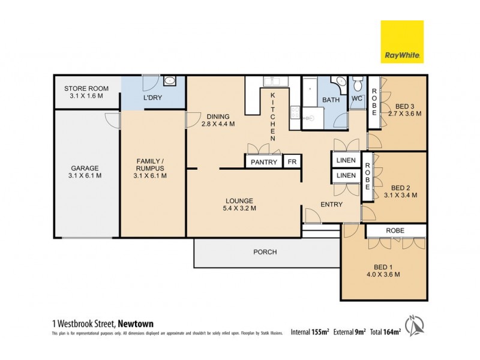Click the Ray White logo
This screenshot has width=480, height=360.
point(402,42)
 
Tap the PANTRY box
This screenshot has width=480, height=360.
point(263,162)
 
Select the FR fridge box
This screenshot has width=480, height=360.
point(292,162)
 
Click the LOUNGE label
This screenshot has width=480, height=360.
point(239,200)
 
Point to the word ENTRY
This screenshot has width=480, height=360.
point(331,205)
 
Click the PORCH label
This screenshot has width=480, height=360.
point(265,252)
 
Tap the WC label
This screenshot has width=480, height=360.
point(356,98)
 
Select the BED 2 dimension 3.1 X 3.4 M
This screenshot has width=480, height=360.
point(400,195)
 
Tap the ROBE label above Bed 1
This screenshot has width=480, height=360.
point(395,230)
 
